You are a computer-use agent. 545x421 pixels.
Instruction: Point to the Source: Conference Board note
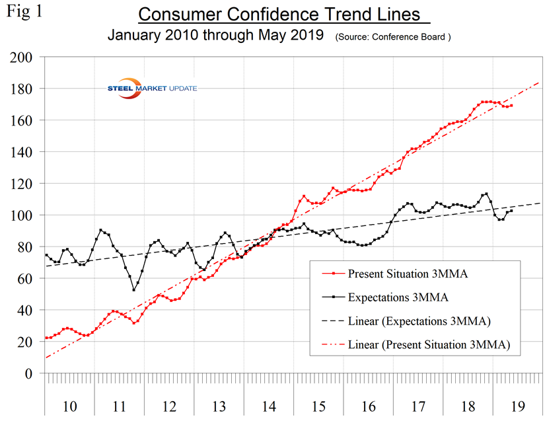(393, 36)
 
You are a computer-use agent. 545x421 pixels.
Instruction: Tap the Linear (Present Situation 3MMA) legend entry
(433, 345)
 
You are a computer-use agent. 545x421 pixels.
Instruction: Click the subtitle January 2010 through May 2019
(219, 36)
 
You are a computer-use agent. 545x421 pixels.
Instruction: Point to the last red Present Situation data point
(512, 105)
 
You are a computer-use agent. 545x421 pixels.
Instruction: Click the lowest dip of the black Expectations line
(134, 289)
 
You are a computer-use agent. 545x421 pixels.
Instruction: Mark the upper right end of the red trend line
(539, 83)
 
